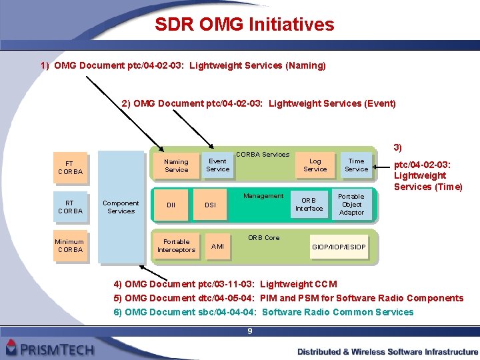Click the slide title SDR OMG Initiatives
(x=244, y=25)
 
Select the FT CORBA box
(x=70, y=167)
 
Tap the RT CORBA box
(x=70, y=207)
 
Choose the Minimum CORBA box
(x=70, y=245)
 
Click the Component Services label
(x=121, y=207)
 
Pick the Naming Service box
(x=176, y=165)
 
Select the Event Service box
(x=217, y=165)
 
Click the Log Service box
(x=315, y=165)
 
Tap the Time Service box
(x=356, y=165)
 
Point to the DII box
(x=171, y=205)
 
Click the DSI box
(x=210, y=205)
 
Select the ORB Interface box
(x=309, y=204)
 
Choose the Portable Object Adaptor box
(x=351, y=205)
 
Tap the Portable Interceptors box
(x=176, y=245)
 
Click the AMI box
(x=217, y=247)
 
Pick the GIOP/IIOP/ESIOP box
(x=339, y=247)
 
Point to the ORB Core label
(x=264, y=237)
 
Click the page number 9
(x=249, y=331)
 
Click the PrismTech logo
(x=50, y=347)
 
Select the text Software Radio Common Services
(x=338, y=312)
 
